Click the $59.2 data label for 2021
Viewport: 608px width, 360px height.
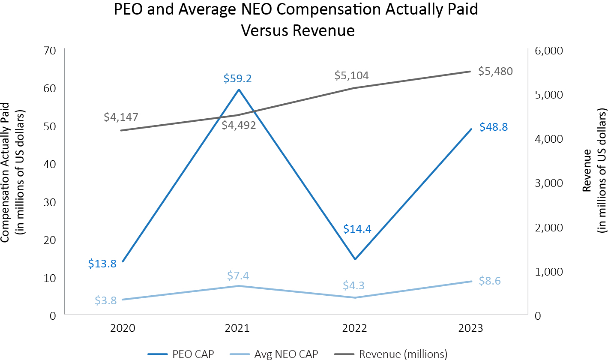[238, 78]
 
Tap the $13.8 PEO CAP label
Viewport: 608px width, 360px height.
[102, 264]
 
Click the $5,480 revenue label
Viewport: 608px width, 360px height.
[495, 71]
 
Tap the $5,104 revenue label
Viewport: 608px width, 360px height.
[352, 76]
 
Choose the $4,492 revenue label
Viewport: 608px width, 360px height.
[239, 125]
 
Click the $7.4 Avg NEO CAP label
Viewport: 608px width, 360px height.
[238, 275]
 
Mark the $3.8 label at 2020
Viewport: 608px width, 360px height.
[105, 300]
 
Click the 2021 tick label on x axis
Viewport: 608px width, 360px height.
[238, 328]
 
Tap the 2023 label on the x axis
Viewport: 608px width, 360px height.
[470, 328]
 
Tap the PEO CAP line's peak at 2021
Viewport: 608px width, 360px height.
[239, 90]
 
